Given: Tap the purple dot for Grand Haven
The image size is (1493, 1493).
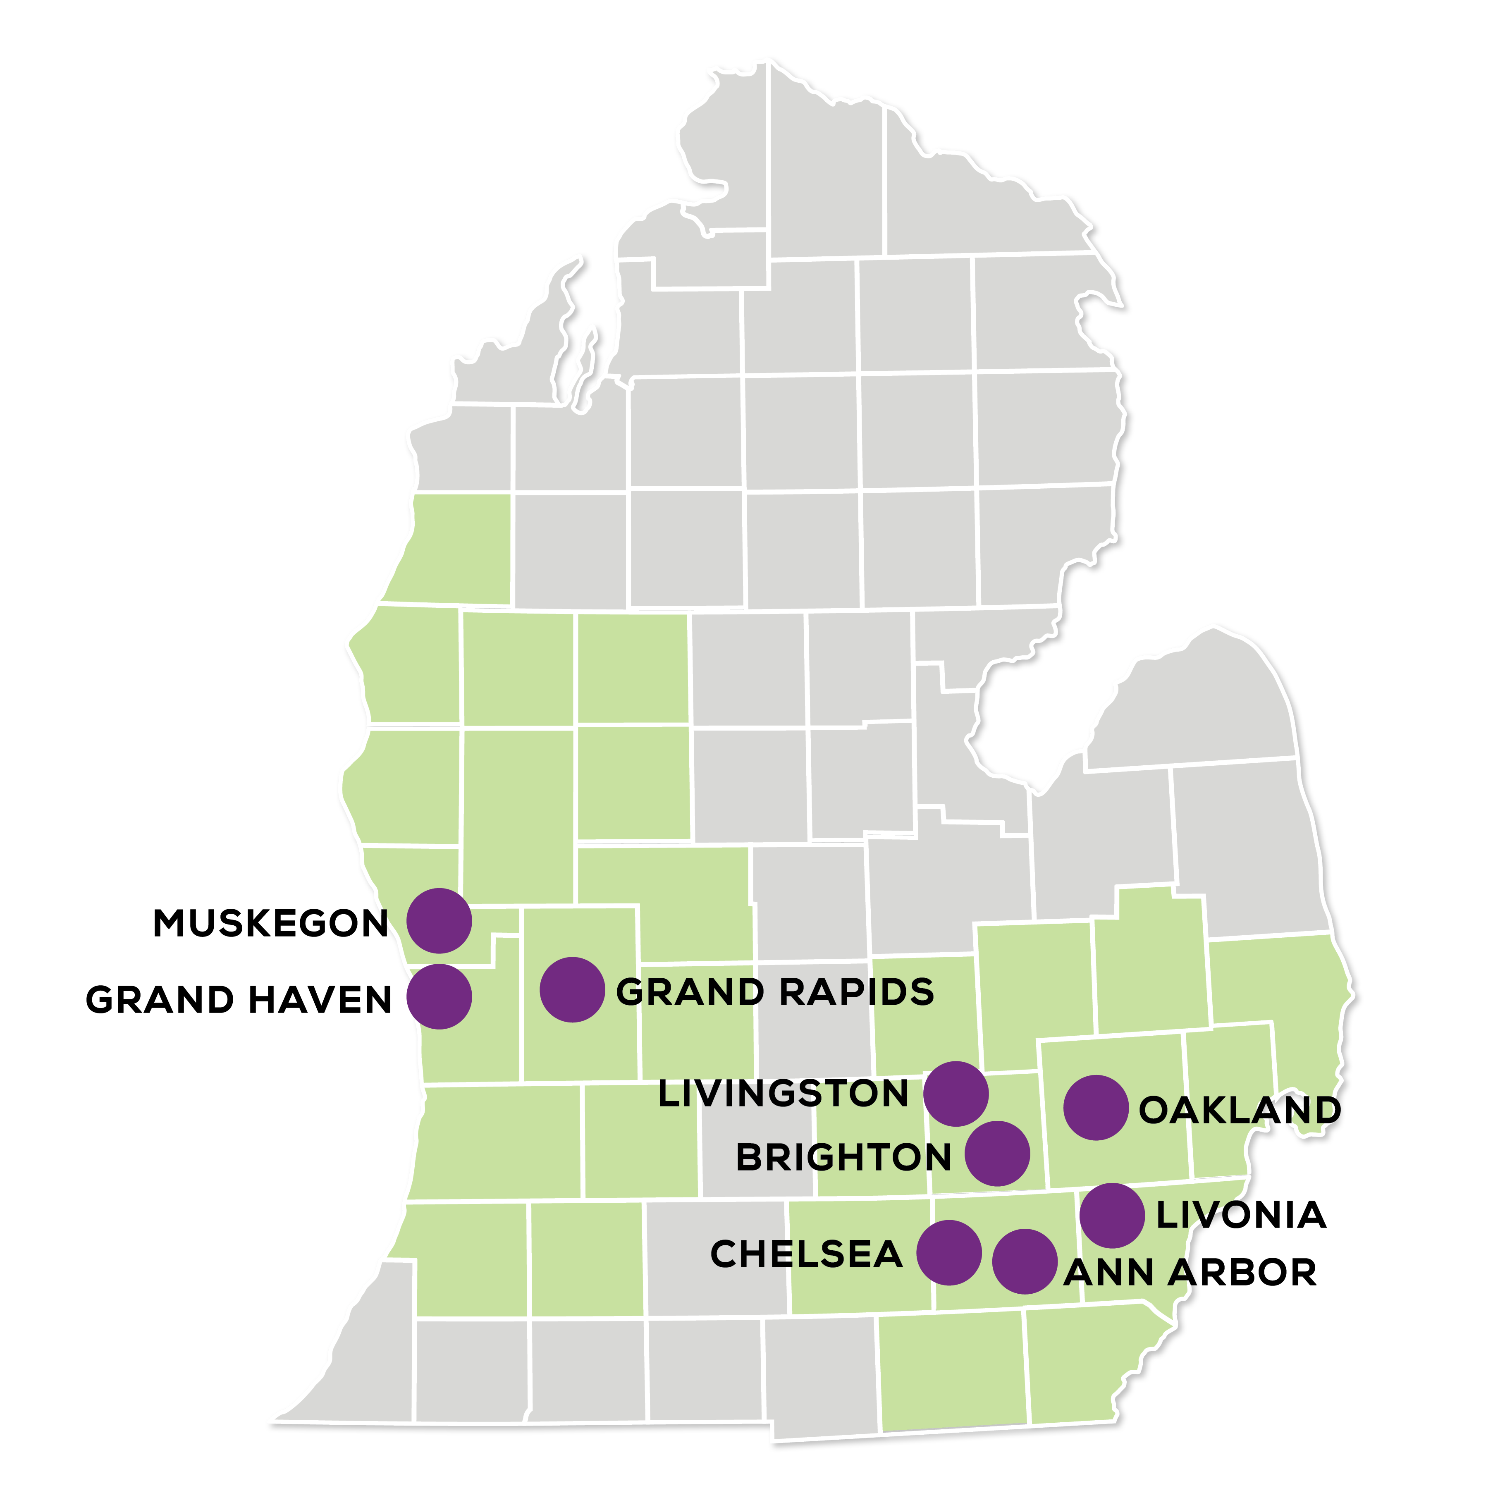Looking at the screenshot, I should [439, 997].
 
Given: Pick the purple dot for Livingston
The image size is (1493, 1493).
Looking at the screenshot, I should [956, 1094].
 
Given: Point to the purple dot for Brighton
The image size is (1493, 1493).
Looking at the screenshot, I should [998, 1154].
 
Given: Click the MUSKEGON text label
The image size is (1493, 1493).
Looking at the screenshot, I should [270, 924].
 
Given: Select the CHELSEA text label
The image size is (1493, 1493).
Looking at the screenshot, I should [806, 1254].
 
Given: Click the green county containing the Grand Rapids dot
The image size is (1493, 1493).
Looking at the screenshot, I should [580, 1043].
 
